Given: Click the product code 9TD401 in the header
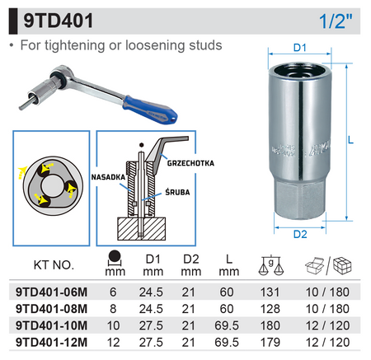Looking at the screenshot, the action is tap(59, 21).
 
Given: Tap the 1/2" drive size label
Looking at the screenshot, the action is tap(336, 21).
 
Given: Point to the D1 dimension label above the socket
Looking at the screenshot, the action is tap(299, 48).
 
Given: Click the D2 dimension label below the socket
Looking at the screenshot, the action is tap(300, 234).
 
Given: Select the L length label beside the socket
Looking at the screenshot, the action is tap(350, 140).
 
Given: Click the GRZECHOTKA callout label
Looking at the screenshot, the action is tap(190, 163).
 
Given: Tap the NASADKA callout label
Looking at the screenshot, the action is tap(108, 177).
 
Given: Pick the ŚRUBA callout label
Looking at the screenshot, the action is tap(177, 192).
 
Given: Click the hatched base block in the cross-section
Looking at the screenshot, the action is tap(142, 229).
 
